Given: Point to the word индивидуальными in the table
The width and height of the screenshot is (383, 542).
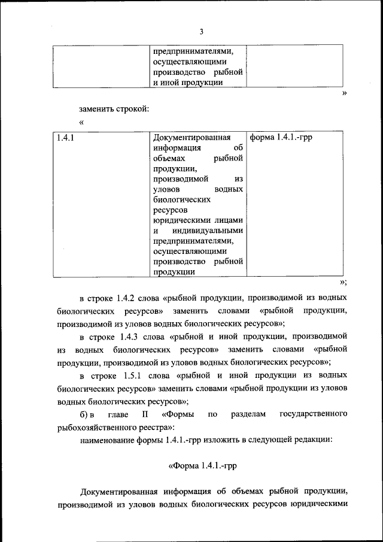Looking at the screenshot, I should click(208, 230).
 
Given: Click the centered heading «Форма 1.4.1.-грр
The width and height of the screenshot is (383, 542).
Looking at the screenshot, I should click(202, 466).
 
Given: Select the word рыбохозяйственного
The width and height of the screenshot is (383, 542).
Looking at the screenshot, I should click(102, 427).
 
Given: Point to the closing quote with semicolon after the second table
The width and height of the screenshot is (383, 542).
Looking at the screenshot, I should click(343, 282).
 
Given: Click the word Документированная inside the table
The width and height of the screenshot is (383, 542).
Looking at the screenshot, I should click(191, 138).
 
